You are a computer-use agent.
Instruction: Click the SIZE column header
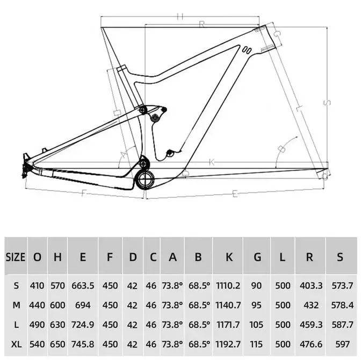[15, 257]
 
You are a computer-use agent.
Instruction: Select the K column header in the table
[229, 257]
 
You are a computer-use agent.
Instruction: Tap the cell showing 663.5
[83, 284]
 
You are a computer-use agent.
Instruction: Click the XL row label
[16, 345]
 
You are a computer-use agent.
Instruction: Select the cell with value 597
[339, 345]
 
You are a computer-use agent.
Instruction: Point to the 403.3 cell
[310, 284]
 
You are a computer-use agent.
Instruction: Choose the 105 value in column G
[257, 325]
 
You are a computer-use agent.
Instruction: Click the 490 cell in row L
[37, 325]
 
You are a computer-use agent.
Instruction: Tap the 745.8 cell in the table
[83, 345]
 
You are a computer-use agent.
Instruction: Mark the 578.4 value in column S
[339, 305]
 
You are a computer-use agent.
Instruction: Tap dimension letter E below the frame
[235, 195]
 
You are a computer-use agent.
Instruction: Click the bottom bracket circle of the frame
[144, 178]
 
